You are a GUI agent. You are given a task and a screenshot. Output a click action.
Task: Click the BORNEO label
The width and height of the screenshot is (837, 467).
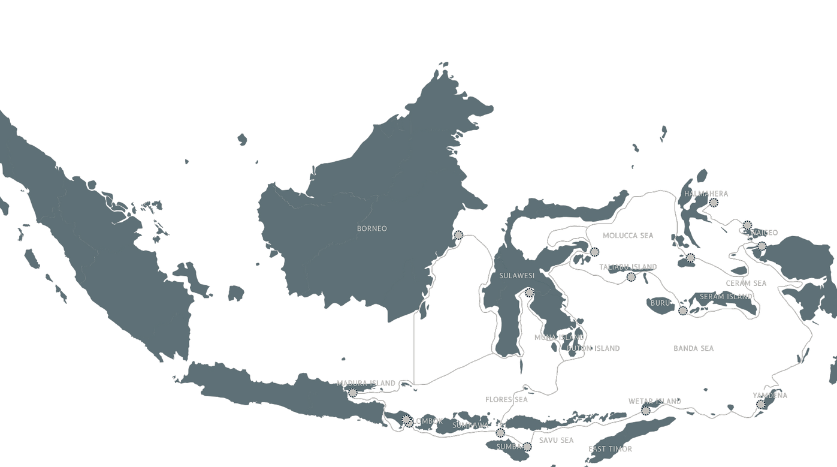[x=372, y=228]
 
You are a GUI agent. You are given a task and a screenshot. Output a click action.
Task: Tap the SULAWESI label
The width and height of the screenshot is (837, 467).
[x=516, y=276]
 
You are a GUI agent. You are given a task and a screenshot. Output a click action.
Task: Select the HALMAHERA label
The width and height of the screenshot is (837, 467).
[x=706, y=194]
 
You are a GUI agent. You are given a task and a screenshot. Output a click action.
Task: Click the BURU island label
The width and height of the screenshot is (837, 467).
[x=660, y=303]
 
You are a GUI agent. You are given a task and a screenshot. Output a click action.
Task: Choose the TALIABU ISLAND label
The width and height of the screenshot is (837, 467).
[x=628, y=266]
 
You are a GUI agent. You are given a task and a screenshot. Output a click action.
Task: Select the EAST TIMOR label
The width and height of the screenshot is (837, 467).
[x=610, y=448]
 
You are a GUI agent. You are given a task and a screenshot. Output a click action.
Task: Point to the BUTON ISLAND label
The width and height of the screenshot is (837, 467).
[x=593, y=348]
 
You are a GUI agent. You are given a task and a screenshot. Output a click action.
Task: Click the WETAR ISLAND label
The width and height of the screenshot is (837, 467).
[x=654, y=400]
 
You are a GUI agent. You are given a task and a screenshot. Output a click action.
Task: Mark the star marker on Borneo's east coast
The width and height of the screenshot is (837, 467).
[x=459, y=235]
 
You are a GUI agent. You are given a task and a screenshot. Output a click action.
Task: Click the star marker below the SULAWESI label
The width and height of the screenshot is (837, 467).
[x=528, y=293]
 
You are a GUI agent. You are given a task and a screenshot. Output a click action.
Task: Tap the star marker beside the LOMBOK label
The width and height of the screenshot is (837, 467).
[x=407, y=420]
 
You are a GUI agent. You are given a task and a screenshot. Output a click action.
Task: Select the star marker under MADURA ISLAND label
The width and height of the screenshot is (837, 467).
[x=353, y=393]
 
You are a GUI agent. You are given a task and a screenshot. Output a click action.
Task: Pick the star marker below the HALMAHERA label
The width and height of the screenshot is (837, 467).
[x=714, y=203]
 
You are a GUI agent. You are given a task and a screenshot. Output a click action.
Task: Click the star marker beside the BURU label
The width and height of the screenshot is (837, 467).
[x=683, y=311]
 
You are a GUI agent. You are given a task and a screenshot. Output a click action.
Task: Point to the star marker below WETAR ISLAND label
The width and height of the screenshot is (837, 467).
[x=646, y=411]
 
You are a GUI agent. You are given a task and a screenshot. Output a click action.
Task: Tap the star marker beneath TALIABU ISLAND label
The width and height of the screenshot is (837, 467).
[x=631, y=277]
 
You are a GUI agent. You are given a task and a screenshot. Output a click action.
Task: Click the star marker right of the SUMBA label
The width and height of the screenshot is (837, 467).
[x=527, y=447]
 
